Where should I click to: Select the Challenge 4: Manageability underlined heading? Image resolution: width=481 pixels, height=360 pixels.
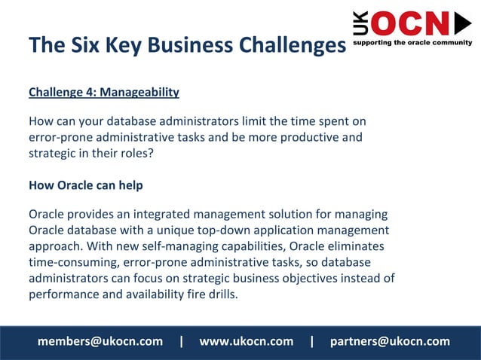[104, 93]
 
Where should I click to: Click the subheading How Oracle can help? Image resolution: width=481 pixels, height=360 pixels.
[85, 185]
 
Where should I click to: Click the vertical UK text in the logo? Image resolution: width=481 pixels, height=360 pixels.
[360, 24]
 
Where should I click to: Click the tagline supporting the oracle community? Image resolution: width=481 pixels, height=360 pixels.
[412, 43]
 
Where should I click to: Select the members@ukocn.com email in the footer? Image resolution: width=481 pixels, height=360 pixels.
[100, 341]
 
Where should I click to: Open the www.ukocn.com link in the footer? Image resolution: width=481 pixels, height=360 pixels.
[246, 341]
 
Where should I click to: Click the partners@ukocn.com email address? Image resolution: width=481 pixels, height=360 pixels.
[390, 341]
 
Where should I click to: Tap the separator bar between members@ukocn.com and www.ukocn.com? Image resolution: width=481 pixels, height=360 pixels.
[181, 341]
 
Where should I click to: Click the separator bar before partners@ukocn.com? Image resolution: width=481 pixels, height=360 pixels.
[311, 341]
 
